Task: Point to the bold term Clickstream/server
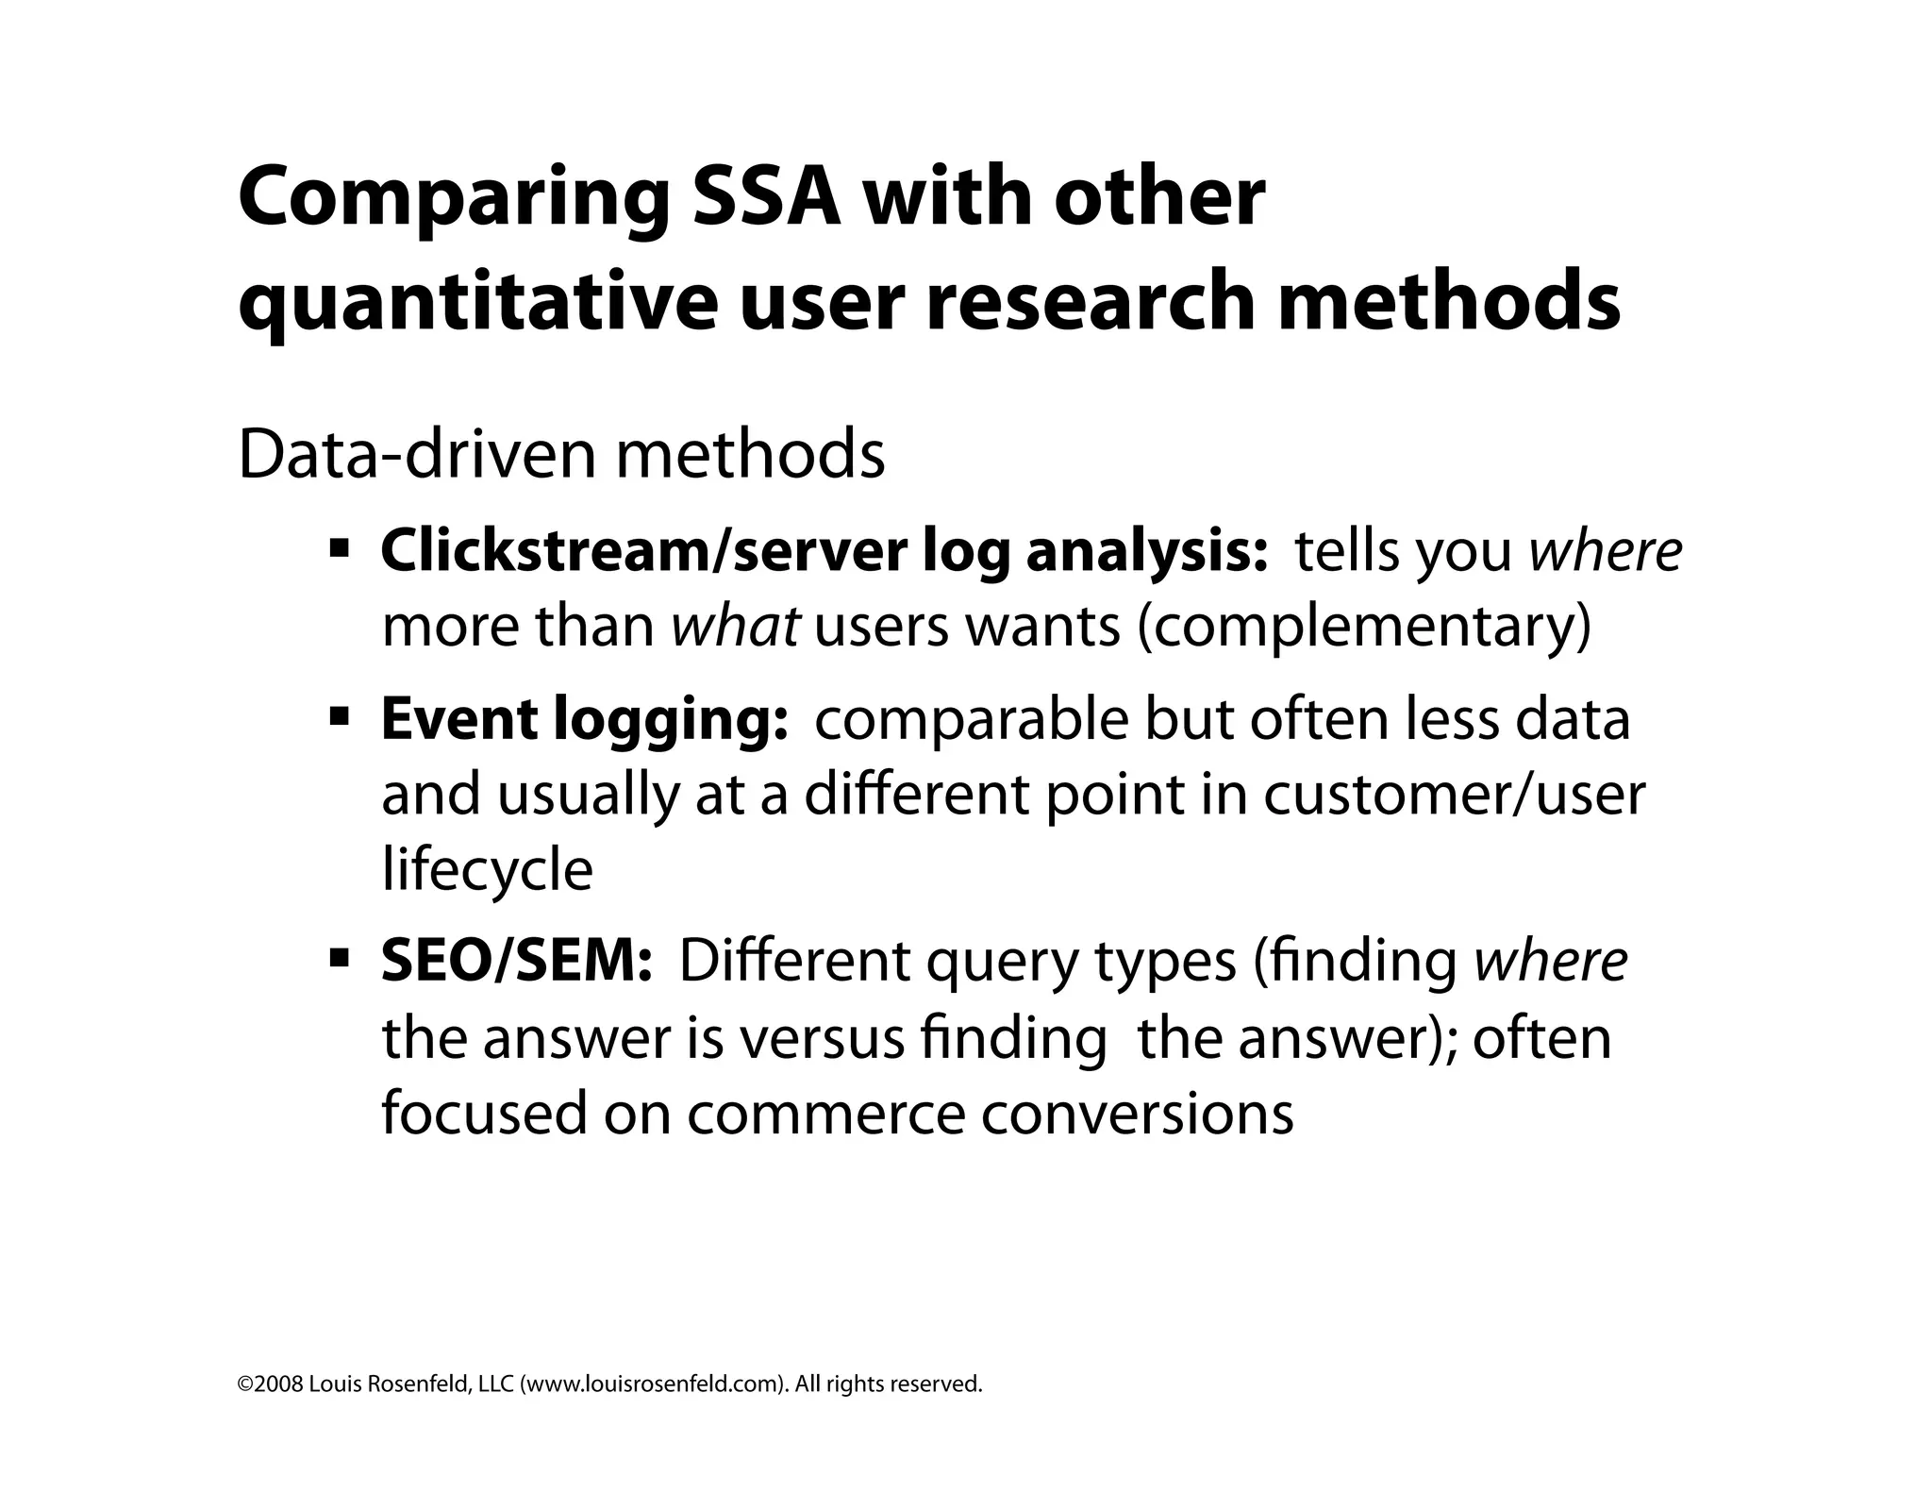642,551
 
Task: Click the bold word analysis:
1146,551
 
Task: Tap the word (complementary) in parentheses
1365,627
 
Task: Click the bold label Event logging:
585,720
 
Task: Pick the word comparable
971,720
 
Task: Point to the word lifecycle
487,868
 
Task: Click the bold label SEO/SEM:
516,962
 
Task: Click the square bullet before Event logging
340,718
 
